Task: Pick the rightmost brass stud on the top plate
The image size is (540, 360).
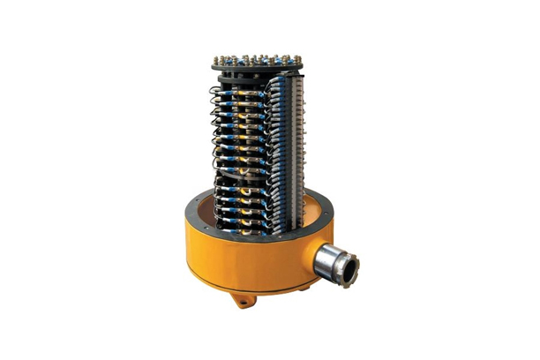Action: tap(296, 58)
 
